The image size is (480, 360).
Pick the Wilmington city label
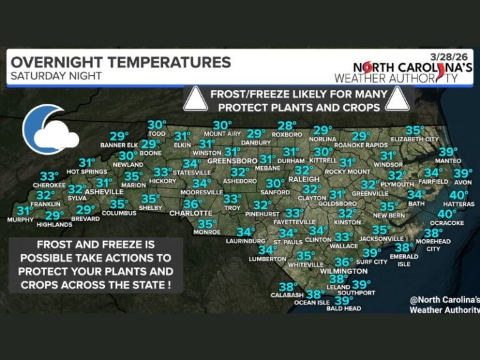tap(345, 271)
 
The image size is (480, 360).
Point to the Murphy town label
tap(21, 219)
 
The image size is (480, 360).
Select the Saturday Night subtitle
tap(56, 76)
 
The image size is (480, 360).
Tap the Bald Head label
tap(344, 308)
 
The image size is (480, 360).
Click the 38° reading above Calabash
tap(287, 287)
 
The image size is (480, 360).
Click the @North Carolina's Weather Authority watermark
tap(443, 304)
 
